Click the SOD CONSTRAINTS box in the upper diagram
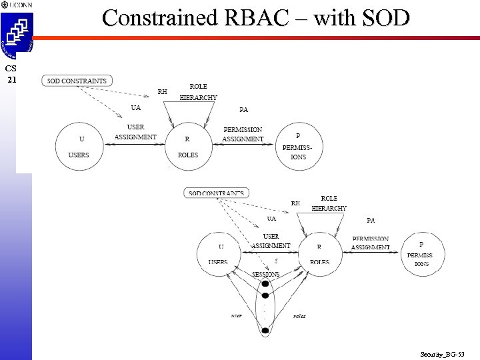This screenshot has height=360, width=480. point(77,81)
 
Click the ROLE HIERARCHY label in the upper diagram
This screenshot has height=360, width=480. point(198,93)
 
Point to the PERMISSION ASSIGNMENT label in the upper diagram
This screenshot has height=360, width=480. point(243,134)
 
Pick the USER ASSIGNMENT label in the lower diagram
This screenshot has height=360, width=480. point(271,241)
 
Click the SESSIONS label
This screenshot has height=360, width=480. point(265,274)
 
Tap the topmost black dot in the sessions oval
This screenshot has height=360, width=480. point(265,284)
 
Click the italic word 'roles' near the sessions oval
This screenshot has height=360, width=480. point(299,315)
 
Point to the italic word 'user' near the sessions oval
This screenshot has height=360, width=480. point(236,315)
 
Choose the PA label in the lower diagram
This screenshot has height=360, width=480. point(371,220)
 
